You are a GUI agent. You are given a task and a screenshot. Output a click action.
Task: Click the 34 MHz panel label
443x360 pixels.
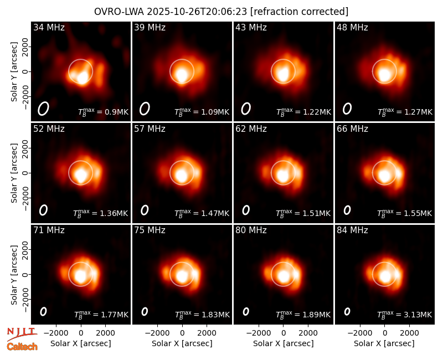tap(49, 27)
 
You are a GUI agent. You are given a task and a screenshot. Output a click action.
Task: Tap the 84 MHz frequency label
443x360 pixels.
tap(352, 230)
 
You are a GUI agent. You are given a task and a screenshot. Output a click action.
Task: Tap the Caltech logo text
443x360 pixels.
tap(22, 347)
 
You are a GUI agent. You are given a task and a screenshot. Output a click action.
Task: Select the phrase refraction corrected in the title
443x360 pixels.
tap(300, 12)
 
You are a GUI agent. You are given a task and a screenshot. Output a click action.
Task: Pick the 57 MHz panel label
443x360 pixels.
tap(150, 129)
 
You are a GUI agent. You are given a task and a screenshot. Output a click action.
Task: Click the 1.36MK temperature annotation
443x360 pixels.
tap(114, 213)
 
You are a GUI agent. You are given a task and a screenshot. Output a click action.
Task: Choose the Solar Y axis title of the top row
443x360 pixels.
tap(14, 72)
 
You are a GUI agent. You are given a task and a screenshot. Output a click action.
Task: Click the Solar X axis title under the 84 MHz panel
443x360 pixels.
tap(384, 343)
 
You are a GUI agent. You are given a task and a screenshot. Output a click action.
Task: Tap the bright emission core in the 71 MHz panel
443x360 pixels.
tap(81, 275)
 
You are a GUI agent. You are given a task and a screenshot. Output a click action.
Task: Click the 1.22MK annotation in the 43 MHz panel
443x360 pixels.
tap(317, 112)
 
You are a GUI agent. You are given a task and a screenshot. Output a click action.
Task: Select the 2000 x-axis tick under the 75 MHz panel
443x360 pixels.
tap(207, 333)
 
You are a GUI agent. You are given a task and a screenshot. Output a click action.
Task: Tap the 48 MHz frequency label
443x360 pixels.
tap(352, 27)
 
